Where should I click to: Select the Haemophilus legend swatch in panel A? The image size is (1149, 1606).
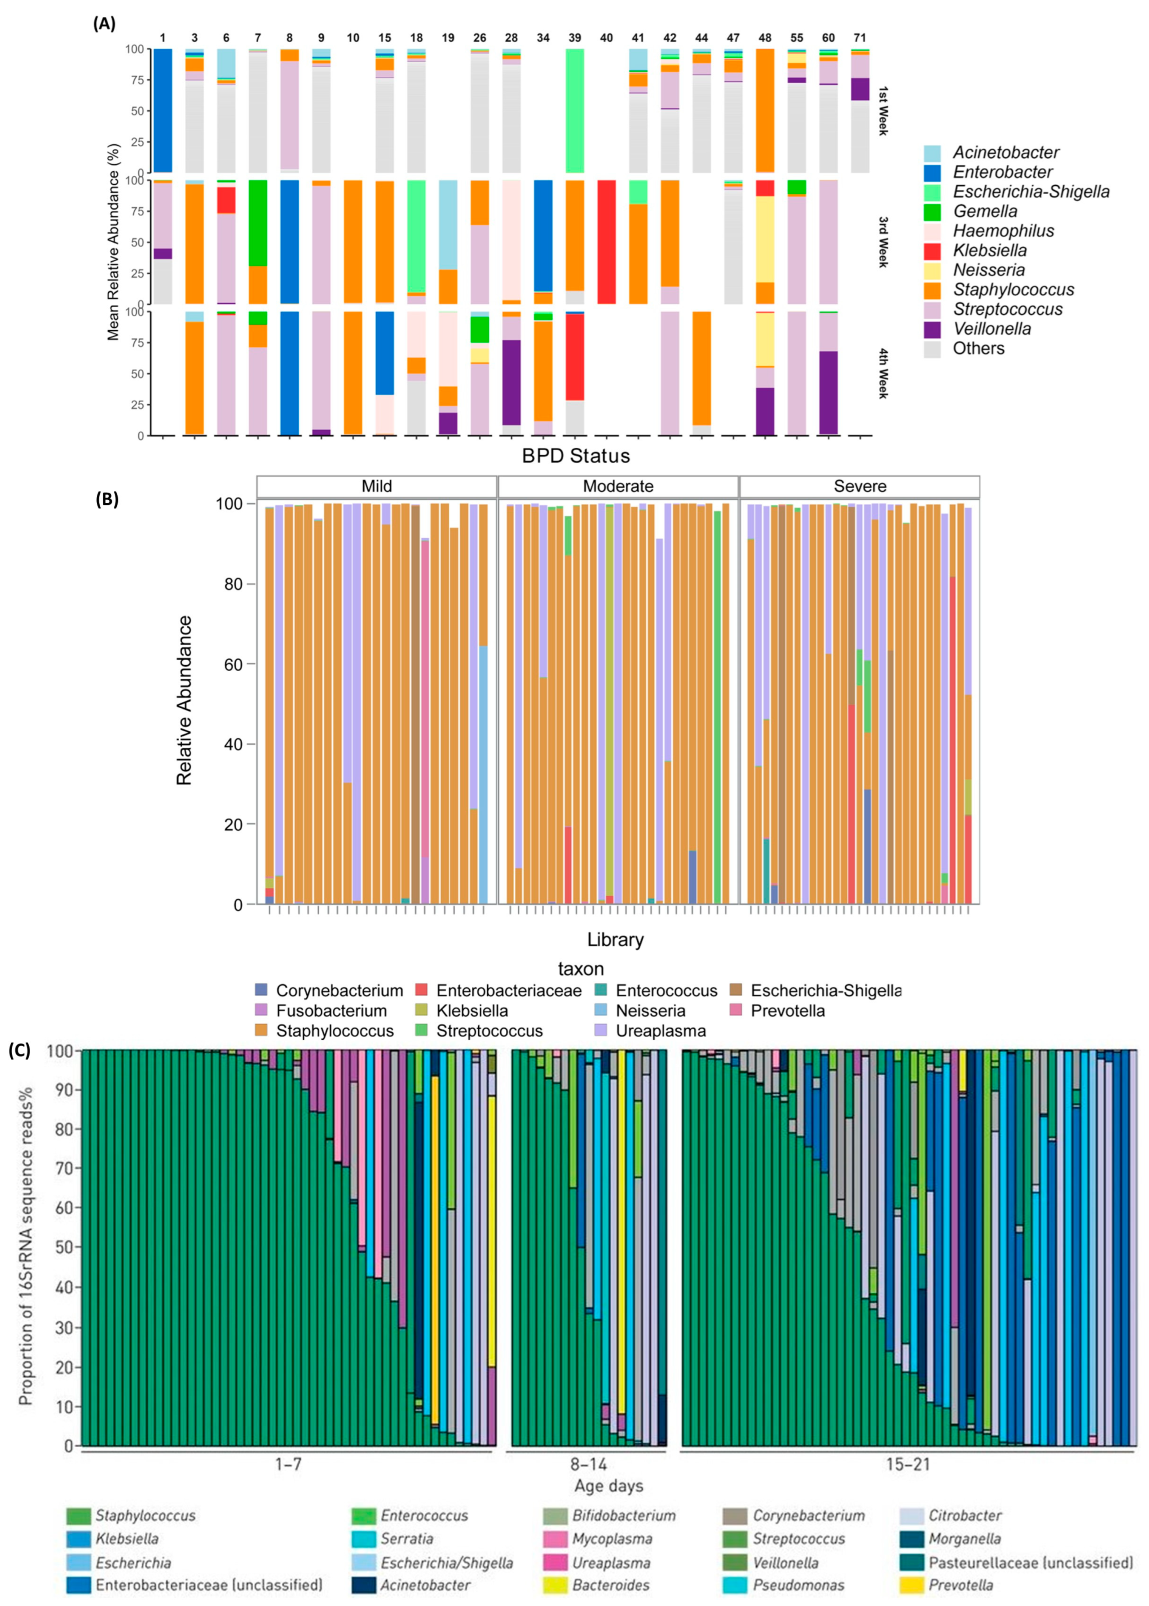(932, 231)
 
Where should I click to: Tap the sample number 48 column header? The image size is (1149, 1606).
(765, 38)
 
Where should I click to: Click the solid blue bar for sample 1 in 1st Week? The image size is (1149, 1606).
(163, 110)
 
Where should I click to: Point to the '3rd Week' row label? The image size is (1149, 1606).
(882, 242)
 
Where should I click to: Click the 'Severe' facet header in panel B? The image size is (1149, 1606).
(860, 487)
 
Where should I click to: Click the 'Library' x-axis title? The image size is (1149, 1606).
(615, 939)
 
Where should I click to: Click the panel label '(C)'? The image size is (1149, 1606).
(19, 1051)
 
